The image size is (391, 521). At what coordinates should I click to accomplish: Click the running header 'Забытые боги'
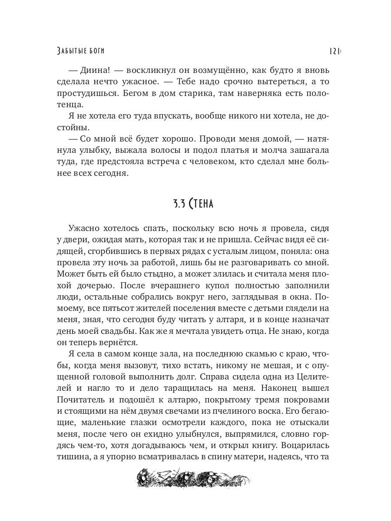[x=81, y=51]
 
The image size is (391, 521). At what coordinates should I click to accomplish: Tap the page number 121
[x=334, y=51]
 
